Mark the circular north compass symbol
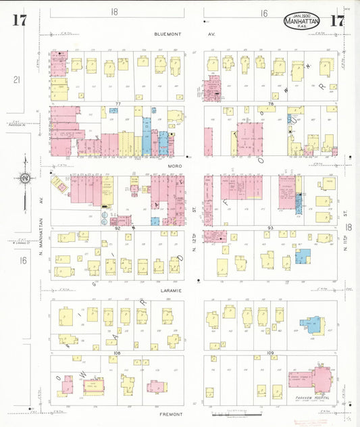[24, 178]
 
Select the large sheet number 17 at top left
[19, 20]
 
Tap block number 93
[270, 228]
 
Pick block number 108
[117, 353]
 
